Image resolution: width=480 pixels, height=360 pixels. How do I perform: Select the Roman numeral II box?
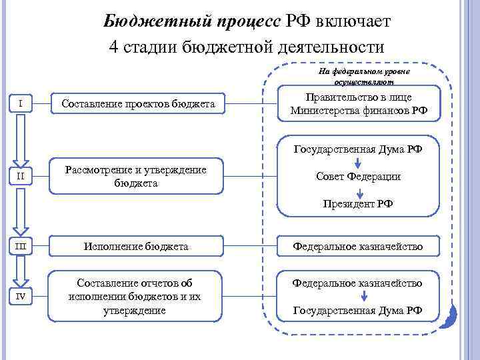tap(22, 177)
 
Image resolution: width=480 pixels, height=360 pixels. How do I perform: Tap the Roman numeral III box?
tap(22, 247)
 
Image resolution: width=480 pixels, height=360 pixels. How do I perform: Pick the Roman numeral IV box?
tap(22, 297)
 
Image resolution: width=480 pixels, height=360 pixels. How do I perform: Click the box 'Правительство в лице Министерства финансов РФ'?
tap(359, 104)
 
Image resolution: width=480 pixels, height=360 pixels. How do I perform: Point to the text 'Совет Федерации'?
tap(359, 177)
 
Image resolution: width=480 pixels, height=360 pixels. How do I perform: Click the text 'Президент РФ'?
tap(359, 204)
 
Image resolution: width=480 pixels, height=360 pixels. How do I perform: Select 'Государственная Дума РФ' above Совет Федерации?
tap(359, 149)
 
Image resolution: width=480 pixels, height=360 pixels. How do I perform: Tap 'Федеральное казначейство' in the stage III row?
tap(359, 247)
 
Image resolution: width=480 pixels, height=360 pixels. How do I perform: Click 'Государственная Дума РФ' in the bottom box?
tap(359, 310)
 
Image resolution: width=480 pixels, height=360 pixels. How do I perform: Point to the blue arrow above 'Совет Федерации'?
tap(359, 163)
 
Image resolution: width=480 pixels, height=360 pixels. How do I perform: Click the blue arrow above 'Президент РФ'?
tap(359, 191)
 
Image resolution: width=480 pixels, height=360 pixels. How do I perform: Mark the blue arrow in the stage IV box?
tap(359, 297)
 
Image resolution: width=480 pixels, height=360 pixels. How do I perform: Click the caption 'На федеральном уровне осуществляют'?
tap(364, 76)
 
